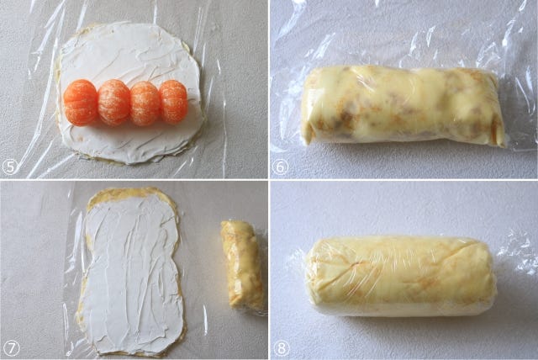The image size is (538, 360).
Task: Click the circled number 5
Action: point(9,167)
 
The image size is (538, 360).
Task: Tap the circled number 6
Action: point(280,167)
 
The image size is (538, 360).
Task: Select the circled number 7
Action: point(11,349)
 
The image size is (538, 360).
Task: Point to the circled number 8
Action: point(281,349)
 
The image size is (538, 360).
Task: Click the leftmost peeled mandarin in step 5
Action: point(81,103)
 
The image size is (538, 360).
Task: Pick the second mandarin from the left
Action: point(114,103)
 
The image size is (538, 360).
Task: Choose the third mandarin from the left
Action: point(145,103)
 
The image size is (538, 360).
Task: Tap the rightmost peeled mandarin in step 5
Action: point(173,102)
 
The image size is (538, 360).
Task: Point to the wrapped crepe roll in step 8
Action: point(401,276)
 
